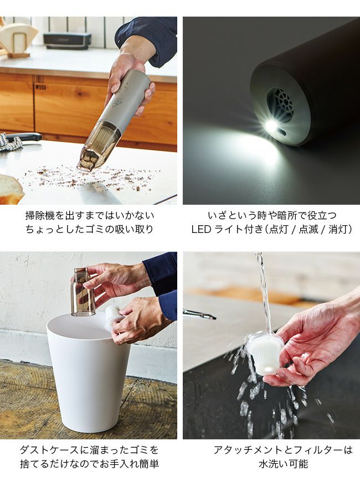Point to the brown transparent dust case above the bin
[83, 292]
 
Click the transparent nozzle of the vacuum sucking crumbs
[95, 147]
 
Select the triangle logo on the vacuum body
[116, 102]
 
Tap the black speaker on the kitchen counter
[67, 40]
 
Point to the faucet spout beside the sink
[199, 314]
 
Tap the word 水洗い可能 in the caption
[284, 464]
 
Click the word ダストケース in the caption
[49, 450]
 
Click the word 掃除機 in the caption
[40, 215]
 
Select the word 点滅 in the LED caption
[308, 229]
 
